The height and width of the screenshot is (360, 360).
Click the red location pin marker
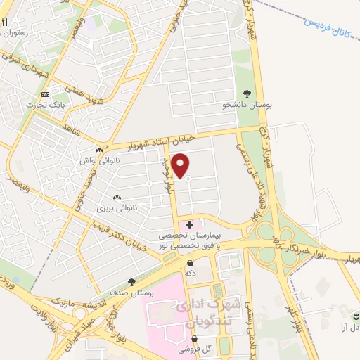pyautogui.click(x=181, y=165)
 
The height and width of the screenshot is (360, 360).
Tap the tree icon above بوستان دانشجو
pyautogui.click(x=247, y=92)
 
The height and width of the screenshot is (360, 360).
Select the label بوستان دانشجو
pyautogui.click(x=247, y=105)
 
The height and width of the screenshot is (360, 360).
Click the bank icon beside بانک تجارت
pyautogui.click(x=46, y=94)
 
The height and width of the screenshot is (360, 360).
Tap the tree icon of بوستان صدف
pyautogui.click(x=131, y=281)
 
